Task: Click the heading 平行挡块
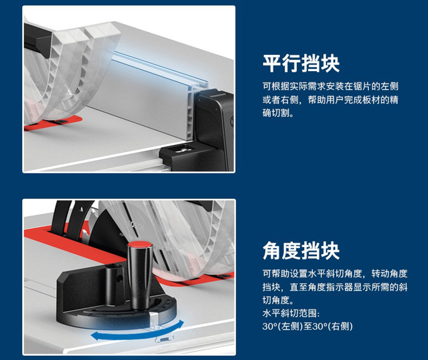point(301,63)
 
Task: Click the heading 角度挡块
point(301,250)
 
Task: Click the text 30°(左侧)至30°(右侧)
point(308,326)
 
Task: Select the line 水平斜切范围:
point(291,313)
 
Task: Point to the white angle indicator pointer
point(154,319)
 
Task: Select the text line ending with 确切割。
point(278,113)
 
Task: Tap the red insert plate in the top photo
point(53,123)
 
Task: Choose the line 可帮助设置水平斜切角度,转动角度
point(335,273)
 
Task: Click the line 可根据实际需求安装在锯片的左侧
point(330,86)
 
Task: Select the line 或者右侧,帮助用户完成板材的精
point(330,100)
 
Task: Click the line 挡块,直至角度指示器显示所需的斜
point(335,287)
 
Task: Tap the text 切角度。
point(278,300)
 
